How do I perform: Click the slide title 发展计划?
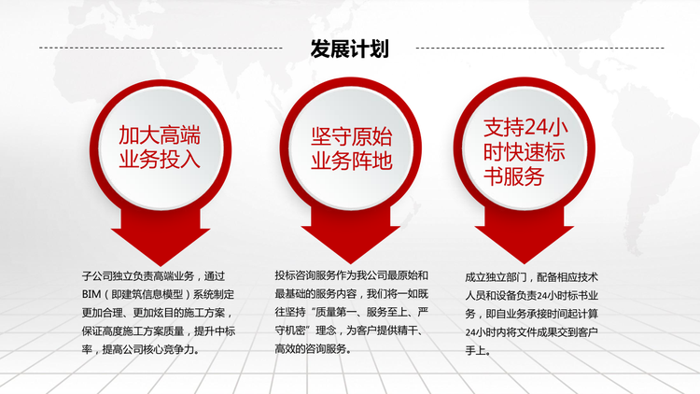(x=350, y=49)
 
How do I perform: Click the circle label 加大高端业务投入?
(x=160, y=147)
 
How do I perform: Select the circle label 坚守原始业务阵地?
(x=351, y=148)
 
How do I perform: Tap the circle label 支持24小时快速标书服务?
(x=525, y=152)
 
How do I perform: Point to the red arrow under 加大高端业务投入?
(x=161, y=237)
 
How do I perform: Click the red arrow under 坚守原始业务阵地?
(x=350, y=235)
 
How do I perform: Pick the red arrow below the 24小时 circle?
(x=525, y=235)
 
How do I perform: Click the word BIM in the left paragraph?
(x=91, y=295)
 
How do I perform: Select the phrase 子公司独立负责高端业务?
(x=138, y=276)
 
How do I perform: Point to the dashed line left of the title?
(x=161, y=48)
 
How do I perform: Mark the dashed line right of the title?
(x=539, y=48)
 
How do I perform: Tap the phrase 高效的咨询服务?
(x=310, y=348)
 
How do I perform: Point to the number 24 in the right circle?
(x=535, y=128)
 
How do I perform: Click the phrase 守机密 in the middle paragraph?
(x=290, y=331)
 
